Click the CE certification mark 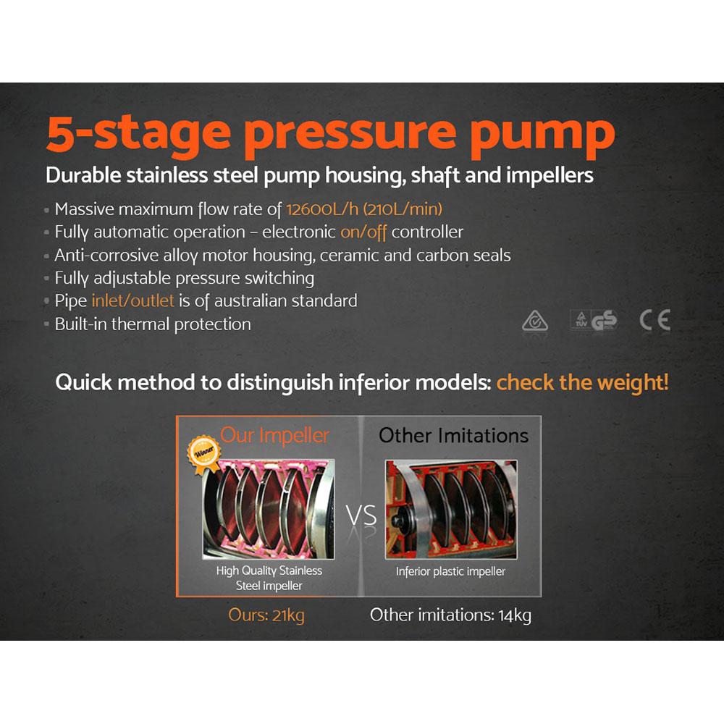(x=654, y=320)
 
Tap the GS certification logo (x=604, y=321)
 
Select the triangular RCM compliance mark (x=535, y=321)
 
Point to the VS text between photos (x=361, y=516)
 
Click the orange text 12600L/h (x=321, y=210)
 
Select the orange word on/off (x=366, y=232)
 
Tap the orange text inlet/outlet (x=132, y=300)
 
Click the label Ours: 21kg (x=266, y=615)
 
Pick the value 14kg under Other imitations (x=515, y=615)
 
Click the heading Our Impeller (x=274, y=435)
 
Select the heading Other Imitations (x=453, y=435)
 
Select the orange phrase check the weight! (x=582, y=382)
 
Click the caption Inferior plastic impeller (x=450, y=572)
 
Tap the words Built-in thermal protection (x=153, y=324)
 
